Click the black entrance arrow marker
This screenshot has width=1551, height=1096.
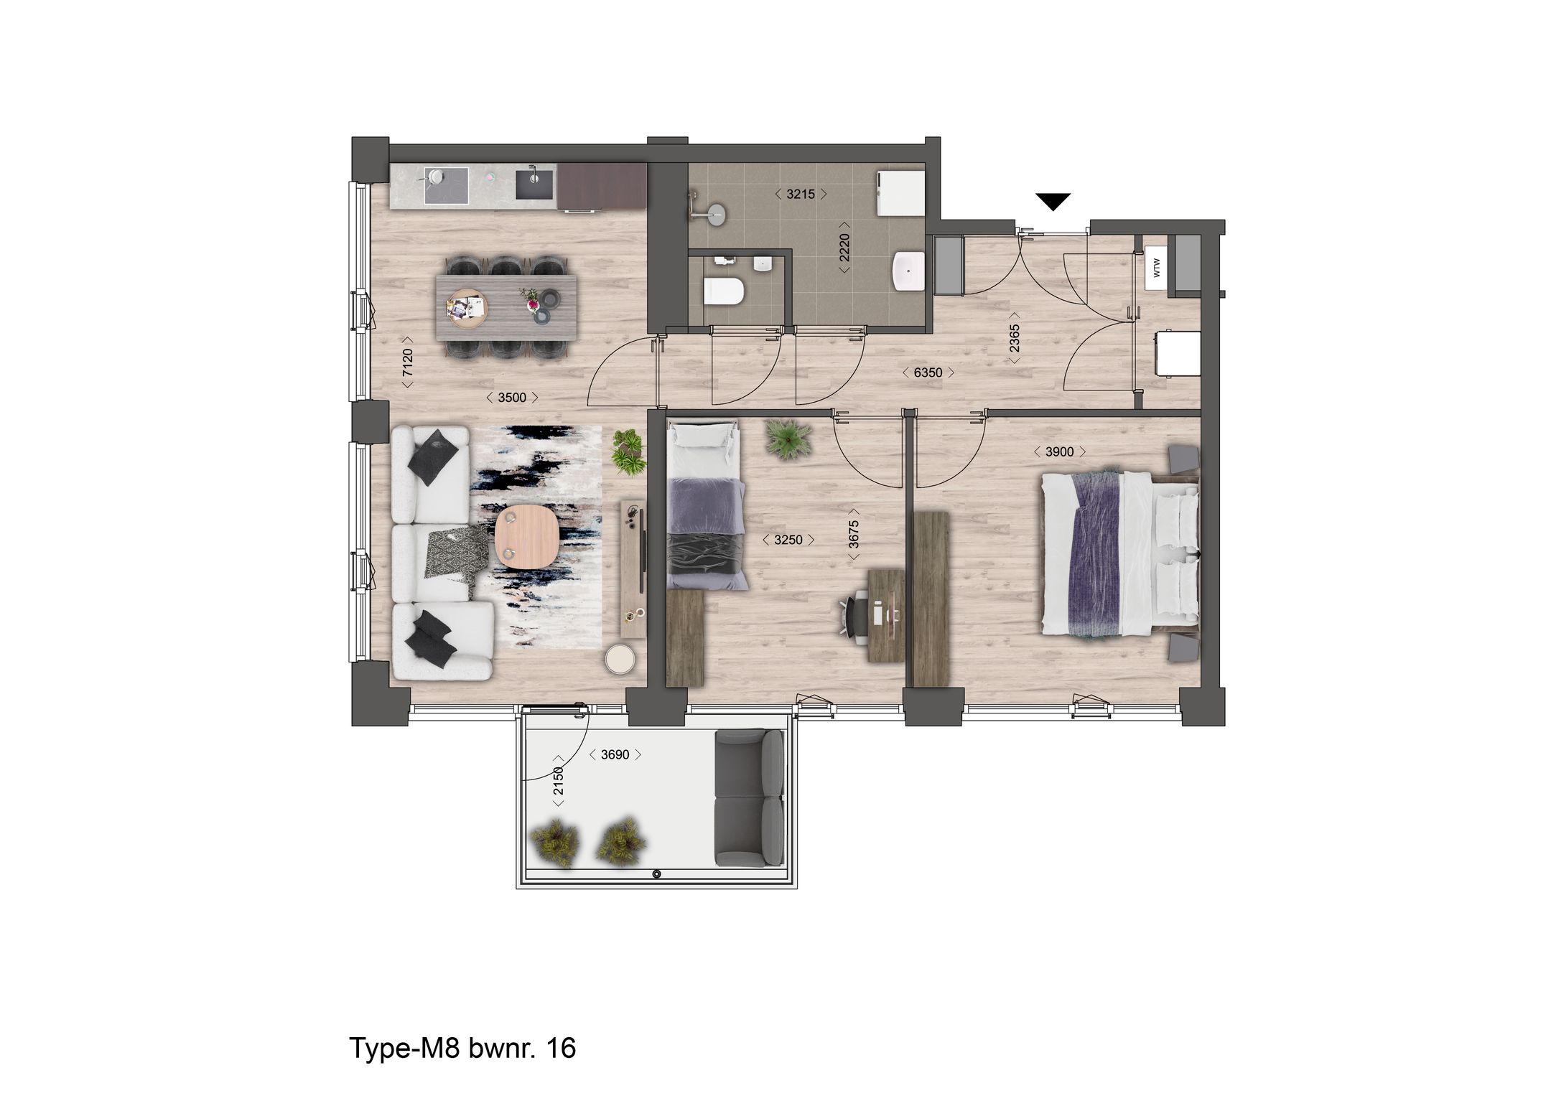(x=1053, y=202)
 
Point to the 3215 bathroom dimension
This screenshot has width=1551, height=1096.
(x=801, y=194)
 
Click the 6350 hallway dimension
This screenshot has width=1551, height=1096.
(x=928, y=373)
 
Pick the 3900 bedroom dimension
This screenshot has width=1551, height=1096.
(x=1059, y=451)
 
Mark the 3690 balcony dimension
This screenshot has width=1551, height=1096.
(x=615, y=754)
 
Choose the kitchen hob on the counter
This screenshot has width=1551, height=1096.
(x=447, y=186)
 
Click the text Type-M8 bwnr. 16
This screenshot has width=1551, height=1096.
(x=462, y=1048)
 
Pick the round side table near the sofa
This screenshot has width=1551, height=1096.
(x=618, y=658)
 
